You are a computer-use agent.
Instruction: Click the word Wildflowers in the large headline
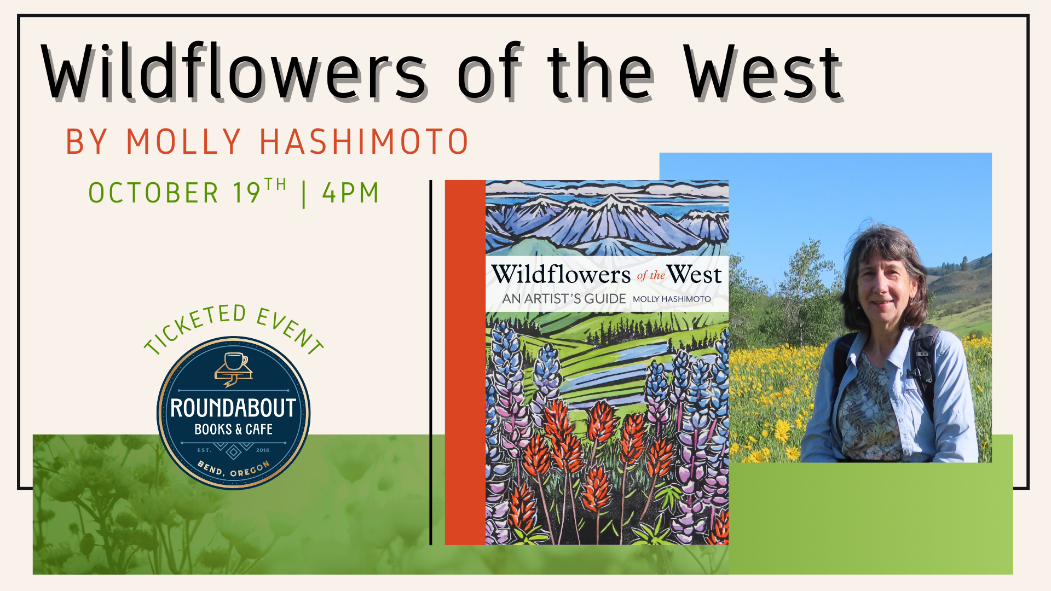pos(234,72)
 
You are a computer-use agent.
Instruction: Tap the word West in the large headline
pos(763,72)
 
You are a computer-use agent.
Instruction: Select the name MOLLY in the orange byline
pos(183,142)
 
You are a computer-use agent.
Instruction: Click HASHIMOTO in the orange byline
pos(363,142)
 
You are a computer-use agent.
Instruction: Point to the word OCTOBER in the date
pos(154,193)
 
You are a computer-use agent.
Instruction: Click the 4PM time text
pos(350,193)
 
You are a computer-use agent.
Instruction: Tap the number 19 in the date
pos(246,193)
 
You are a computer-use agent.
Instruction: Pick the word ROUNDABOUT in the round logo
pos(233,408)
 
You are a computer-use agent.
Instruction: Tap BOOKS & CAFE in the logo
pos(233,430)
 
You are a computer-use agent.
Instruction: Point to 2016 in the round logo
pos(263,450)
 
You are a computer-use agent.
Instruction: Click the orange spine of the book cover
pos(465,362)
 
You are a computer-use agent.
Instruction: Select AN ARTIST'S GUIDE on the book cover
pos(564,299)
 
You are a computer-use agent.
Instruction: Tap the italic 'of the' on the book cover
pos(651,275)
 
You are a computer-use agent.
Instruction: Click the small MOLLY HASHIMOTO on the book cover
pos(672,299)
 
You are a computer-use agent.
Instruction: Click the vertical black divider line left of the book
pos(431,362)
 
